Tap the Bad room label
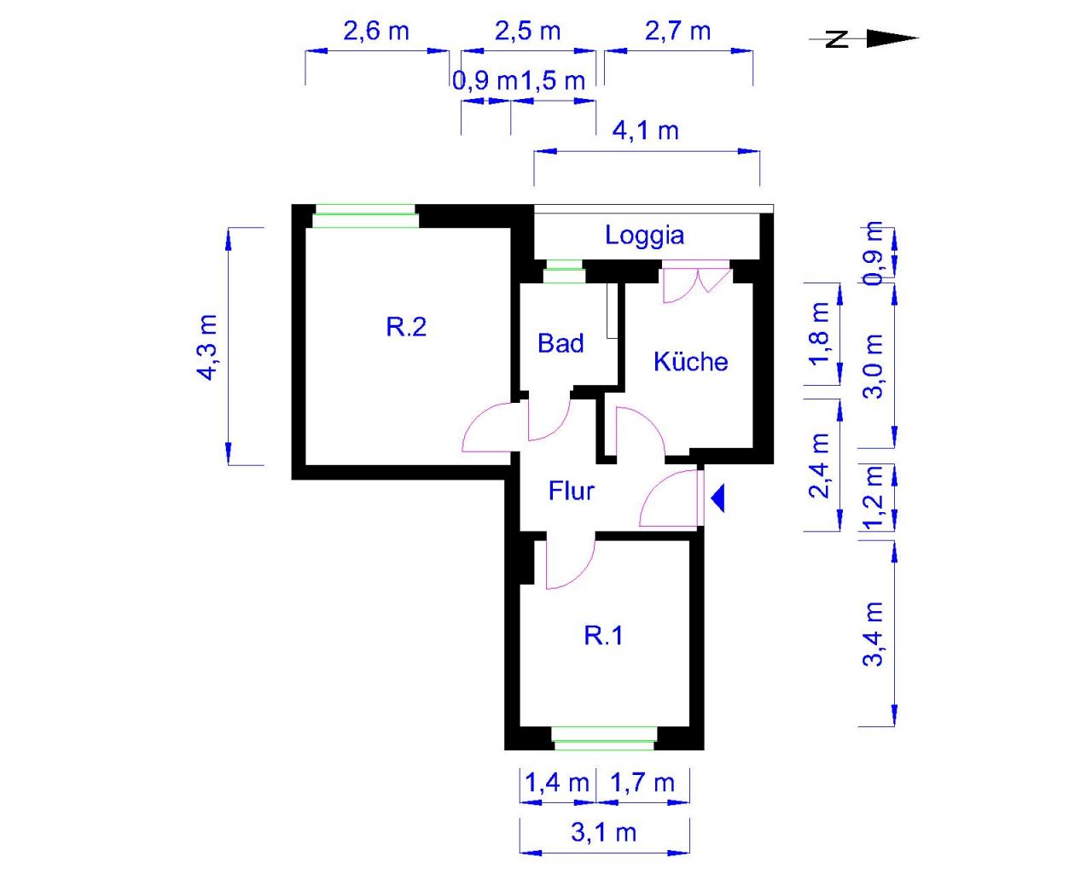coord(561,343)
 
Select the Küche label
coord(691,361)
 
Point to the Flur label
coord(572,491)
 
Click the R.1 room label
coord(603,635)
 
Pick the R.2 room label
coord(406,327)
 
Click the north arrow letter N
coord(837,38)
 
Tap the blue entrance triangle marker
coord(717,498)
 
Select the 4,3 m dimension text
coord(207,347)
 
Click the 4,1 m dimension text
coord(645,131)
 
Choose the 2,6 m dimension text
coord(376,32)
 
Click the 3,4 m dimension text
coord(874,633)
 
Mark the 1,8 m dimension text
coord(820,334)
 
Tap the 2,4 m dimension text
coord(820,465)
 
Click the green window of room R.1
coord(604,738)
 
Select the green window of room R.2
coord(365,216)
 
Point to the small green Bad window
coord(563,271)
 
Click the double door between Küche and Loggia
coord(697,281)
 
